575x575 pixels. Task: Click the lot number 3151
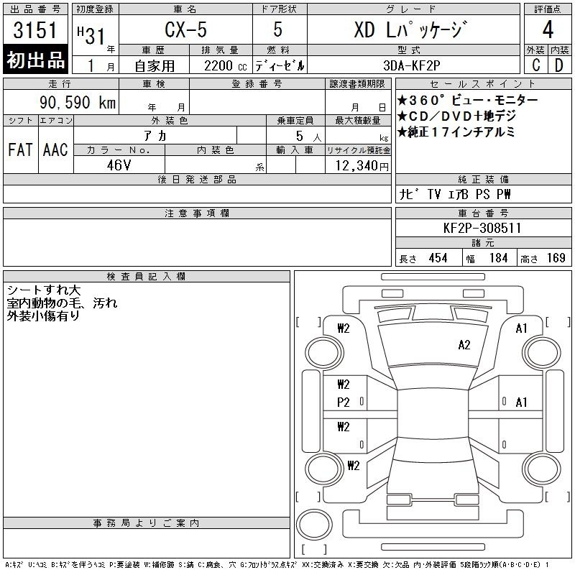35,30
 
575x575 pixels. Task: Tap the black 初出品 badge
35,59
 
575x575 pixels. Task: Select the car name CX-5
185,29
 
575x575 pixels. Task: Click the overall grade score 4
548,29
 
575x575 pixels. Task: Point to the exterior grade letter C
535,65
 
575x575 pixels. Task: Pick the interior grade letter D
559,65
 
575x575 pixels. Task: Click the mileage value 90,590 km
78,102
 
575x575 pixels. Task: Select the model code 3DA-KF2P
411,65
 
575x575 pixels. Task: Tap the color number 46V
119,165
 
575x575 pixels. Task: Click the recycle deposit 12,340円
362,166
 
